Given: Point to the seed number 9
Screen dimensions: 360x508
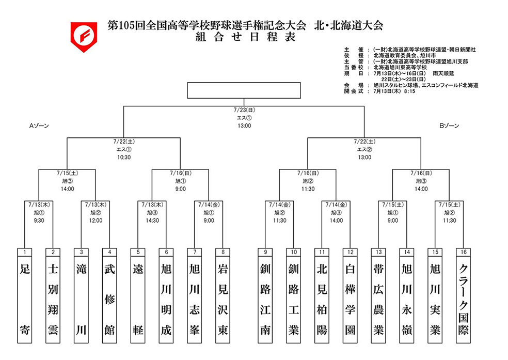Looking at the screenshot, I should pyautogui.click(x=265, y=252).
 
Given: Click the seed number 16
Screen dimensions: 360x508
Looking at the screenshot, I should pyautogui.click(x=463, y=252).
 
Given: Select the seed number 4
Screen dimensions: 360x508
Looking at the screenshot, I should pyautogui.click(x=109, y=252).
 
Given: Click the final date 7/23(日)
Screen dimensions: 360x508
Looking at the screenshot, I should pyautogui.click(x=244, y=110).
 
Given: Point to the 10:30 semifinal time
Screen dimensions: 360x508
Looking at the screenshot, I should pyautogui.click(x=123, y=157).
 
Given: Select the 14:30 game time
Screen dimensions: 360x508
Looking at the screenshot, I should pyautogui.click(x=152, y=221).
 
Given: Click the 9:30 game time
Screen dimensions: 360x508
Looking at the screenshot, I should pyautogui.click(x=39, y=221).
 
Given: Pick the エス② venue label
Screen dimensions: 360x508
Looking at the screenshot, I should pyautogui.click(x=364, y=149).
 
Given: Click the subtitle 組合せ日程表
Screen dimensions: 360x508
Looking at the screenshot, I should pyautogui.click(x=245, y=37).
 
